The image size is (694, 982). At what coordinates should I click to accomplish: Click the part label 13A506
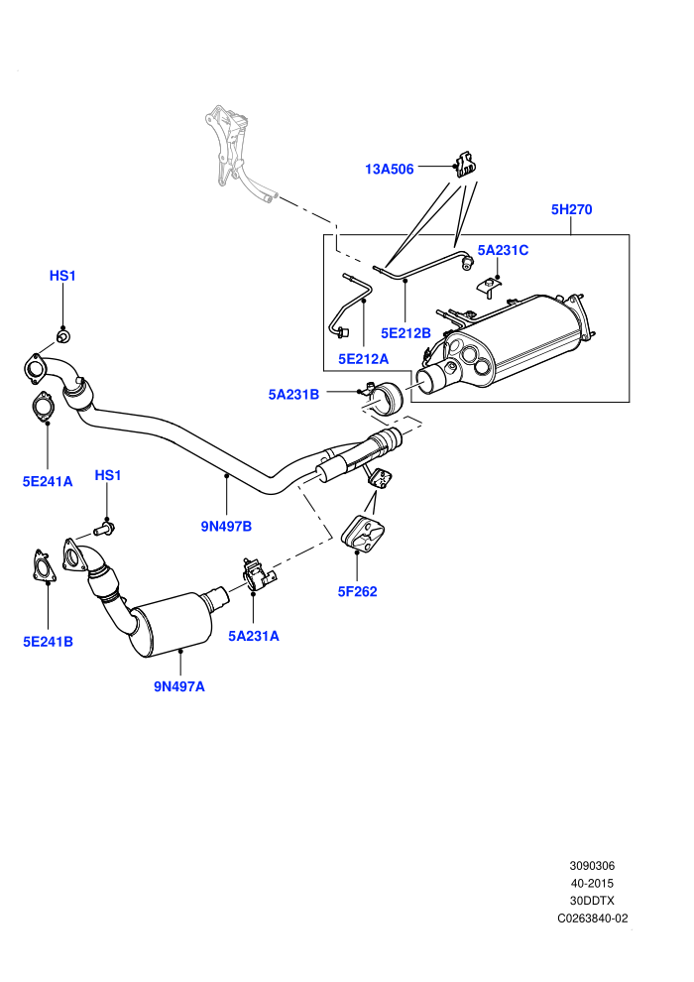[390, 169]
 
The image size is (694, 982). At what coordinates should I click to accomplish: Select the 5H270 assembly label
[571, 209]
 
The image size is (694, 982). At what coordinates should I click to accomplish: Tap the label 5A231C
[503, 251]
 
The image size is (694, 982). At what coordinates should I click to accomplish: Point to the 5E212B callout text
[405, 333]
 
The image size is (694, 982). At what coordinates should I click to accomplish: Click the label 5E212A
[363, 359]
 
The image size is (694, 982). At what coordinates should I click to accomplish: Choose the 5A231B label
[293, 395]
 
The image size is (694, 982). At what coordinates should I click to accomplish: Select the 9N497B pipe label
[226, 526]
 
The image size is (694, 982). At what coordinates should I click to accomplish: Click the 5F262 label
[357, 591]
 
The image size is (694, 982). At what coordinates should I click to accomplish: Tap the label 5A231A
[254, 636]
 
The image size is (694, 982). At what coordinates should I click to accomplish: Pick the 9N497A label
[179, 686]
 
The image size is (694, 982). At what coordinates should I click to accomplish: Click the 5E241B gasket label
[49, 642]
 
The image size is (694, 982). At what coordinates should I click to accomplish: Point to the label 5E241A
[48, 481]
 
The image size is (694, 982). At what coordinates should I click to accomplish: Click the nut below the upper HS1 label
[63, 337]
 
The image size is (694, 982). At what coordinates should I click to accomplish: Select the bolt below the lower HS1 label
[104, 530]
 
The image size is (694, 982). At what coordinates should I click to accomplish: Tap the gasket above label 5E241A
[42, 406]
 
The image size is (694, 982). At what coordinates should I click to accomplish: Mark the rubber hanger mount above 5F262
[362, 536]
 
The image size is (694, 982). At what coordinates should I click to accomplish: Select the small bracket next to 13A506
[464, 165]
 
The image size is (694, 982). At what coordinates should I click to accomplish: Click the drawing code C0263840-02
[593, 919]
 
